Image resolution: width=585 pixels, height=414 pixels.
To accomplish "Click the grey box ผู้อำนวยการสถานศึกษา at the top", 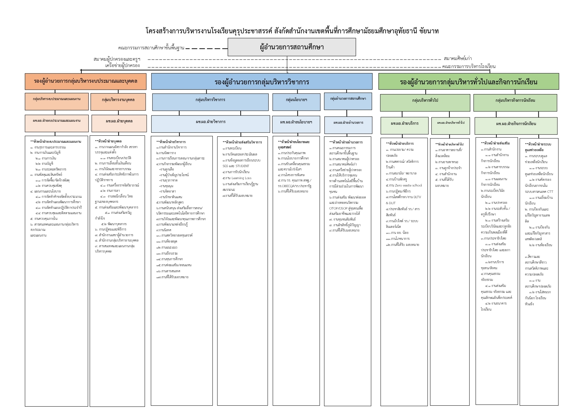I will pos(292,47).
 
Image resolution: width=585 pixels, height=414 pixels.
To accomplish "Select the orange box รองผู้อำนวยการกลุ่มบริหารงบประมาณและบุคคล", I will pos(85,81).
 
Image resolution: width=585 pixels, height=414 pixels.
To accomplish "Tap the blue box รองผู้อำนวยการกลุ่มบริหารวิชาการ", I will pos(262,82).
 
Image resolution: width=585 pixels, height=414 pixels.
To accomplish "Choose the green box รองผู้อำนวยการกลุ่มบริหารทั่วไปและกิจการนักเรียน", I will pos(468,82).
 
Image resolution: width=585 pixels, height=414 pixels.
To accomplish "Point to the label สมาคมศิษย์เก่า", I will pos(458,59).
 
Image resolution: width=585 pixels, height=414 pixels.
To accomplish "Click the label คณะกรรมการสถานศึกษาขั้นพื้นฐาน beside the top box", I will pos(151,48).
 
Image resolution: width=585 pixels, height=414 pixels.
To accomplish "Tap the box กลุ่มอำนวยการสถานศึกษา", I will pos(348,99).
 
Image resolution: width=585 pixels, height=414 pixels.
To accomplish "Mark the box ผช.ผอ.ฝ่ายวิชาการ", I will pos(211,122).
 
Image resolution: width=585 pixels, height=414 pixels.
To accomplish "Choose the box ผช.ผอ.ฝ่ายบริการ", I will pos(404,124).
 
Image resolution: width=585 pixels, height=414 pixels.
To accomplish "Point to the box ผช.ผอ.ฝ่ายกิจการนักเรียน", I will pos(516,124).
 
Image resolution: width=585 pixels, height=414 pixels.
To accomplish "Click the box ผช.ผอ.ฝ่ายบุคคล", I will pos(119,121).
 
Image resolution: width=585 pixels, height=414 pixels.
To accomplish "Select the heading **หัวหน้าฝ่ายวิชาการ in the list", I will pos(171,142).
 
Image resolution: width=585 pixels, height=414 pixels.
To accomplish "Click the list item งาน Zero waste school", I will pos(404,185).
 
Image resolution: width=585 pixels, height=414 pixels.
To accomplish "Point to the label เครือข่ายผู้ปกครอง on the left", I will pos(122,66).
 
